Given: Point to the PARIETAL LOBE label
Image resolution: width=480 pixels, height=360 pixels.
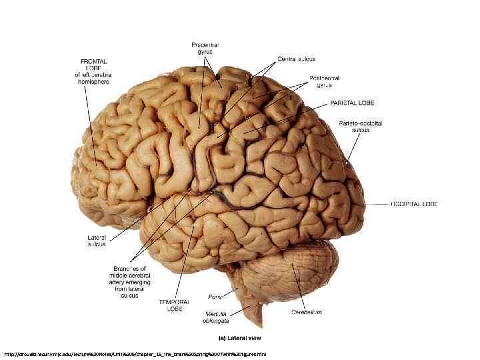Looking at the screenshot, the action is [353, 103].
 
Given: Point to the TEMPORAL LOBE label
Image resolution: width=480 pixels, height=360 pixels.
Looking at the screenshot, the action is [171, 305].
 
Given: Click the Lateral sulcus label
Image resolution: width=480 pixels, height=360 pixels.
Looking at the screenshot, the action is [97, 241].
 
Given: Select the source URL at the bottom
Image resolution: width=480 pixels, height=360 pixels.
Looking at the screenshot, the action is [135, 353].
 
